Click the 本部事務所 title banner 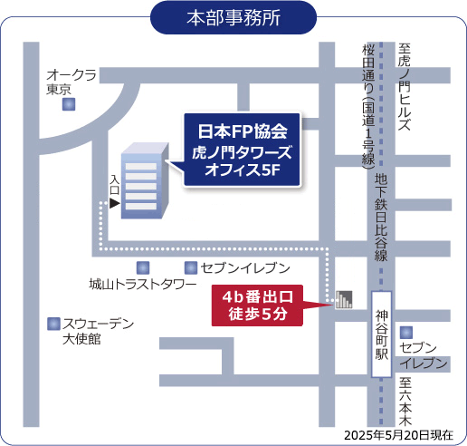[233, 17]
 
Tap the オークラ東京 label [71, 82]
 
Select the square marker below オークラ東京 [68, 105]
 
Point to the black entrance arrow [114, 204]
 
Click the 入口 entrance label [114, 187]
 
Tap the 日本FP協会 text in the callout [242, 130]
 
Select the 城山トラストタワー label [142, 285]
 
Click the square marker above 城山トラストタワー [142, 267]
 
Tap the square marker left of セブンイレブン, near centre [190, 267]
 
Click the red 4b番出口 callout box [253, 305]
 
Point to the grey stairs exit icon [343, 300]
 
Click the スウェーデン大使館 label [96, 331]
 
